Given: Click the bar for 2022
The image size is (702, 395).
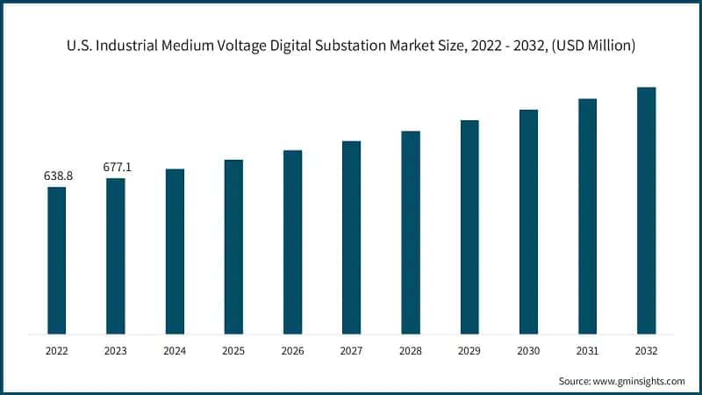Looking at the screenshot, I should [x=57, y=260].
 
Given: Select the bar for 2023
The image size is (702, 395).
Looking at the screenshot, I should [x=116, y=255].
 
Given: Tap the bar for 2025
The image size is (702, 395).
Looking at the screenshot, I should [x=233, y=247].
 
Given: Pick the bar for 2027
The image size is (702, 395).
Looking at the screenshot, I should [x=351, y=237].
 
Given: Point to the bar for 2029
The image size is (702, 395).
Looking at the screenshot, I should [x=469, y=226].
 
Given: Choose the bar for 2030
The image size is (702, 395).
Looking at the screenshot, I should [x=528, y=221].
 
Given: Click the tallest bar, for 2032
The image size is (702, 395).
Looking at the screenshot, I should [x=646, y=211].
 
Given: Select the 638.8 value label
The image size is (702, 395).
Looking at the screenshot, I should [x=58, y=176].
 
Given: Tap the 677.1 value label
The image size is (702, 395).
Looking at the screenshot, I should [x=117, y=167].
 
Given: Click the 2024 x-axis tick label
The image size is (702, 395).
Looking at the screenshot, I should [x=175, y=350].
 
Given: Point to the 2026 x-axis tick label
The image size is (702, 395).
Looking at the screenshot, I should [x=292, y=350].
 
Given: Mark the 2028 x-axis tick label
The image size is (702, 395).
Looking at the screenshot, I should [x=411, y=350].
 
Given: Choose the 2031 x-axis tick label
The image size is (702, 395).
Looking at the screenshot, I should [x=587, y=350].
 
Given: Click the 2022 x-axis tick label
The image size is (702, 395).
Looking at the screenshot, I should [x=57, y=350].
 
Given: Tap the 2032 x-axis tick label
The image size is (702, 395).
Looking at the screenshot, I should [x=646, y=350].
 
